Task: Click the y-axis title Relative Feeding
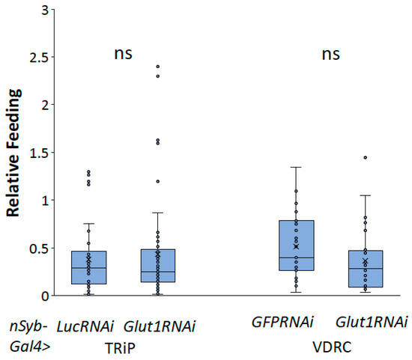(13, 153)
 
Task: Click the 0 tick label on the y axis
(46, 296)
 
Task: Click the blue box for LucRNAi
(88, 267)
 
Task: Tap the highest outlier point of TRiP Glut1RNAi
(158, 67)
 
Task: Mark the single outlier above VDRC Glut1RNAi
(365, 157)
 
